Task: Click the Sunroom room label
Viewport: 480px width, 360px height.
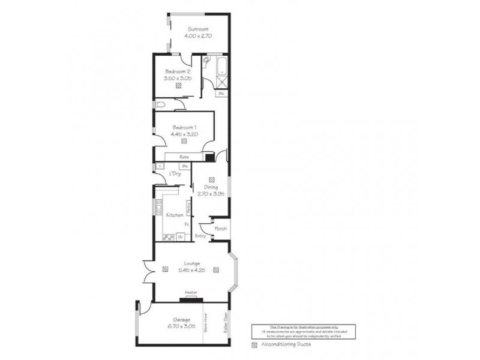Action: [x=197, y=29]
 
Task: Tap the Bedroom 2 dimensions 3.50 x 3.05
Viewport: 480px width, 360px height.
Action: [x=178, y=78]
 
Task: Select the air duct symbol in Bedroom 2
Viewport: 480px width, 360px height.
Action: [x=179, y=86]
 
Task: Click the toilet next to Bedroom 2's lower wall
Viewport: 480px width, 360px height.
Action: [x=160, y=105]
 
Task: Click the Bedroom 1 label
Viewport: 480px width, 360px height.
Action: [x=184, y=127]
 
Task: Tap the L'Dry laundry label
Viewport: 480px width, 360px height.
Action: [x=175, y=174]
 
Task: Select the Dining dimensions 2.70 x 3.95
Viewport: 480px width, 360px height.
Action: [x=211, y=194]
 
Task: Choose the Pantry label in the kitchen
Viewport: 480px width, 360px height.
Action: [x=189, y=208]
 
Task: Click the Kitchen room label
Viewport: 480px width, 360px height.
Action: [x=174, y=215]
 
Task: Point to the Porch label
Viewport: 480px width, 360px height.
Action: [x=220, y=229]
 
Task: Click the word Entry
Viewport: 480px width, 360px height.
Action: [x=200, y=236]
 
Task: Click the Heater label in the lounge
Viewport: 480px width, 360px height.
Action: [x=191, y=293]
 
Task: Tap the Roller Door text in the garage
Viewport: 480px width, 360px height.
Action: [x=225, y=325]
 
